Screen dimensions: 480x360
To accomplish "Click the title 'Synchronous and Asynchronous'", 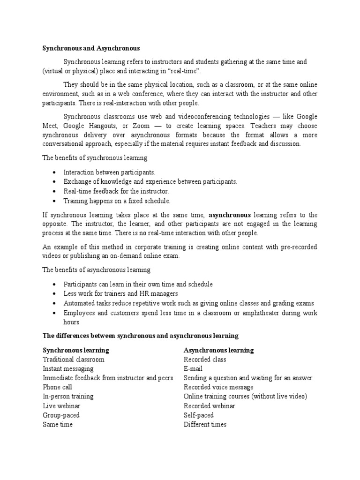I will click(x=91, y=48).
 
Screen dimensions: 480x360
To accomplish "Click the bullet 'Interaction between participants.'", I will click(x=109, y=172).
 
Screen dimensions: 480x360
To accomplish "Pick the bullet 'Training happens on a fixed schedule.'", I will click(x=117, y=201).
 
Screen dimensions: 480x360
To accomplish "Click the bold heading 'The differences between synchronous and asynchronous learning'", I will click(x=141, y=336).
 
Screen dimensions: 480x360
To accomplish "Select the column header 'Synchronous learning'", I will click(x=76, y=350).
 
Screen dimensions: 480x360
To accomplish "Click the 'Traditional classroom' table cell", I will click(x=74, y=360).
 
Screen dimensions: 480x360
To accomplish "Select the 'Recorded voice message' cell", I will click(x=218, y=387).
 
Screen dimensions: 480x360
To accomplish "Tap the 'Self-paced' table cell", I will click(x=199, y=415).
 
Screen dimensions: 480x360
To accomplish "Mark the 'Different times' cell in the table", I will click(x=205, y=425).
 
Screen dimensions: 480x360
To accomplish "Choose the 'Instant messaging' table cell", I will click(x=68, y=369).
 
